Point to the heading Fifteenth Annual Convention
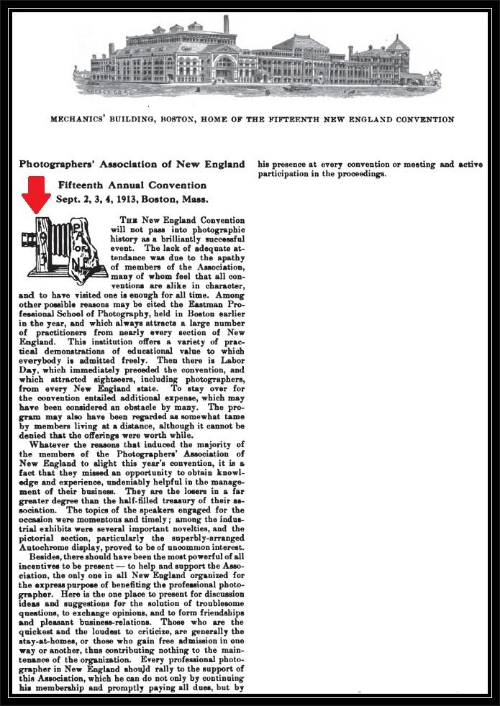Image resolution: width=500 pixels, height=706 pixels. [133, 185]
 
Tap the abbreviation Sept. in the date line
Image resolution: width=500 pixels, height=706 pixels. [69, 199]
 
